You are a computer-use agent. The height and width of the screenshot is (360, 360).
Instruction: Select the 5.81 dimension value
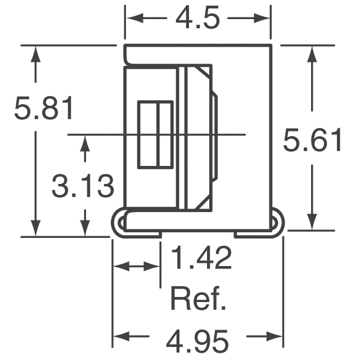tap(44, 109)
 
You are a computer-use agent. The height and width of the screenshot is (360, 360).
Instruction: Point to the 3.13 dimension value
tap(83, 186)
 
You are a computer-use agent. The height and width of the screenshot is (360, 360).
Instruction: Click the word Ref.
tap(199, 300)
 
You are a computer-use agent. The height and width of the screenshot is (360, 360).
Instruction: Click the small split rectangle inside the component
tap(156, 134)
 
